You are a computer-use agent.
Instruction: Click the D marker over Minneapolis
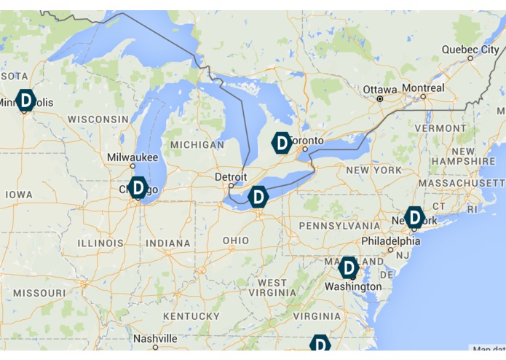click(x=25, y=100)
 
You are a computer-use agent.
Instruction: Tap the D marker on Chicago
click(x=138, y=188)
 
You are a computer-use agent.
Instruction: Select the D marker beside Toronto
click(x=282, y=143)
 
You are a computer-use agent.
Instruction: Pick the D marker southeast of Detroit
click(x=258, y=197)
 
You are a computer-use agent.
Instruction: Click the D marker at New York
click(x=414, y=216)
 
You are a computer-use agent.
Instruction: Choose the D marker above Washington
click(x=349, y=268)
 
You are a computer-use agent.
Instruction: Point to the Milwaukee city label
click(x=133, y=157)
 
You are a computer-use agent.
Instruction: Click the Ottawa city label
click(x=381, y=90)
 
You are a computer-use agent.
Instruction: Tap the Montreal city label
click(x=423, y=87)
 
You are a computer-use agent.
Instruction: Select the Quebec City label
click(x=470, y=50)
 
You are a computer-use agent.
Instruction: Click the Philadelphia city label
click(x=391, y=241)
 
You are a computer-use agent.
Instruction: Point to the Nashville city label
click(x=155, y=339)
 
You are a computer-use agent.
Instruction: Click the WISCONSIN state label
click(x=98, y=119)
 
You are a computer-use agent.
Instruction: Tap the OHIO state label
click(x=235, y=240)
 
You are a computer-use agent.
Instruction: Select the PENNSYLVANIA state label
click(x=340, y=226)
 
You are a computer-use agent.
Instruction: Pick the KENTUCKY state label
click(x=191, y=316)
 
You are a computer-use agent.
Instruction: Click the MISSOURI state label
click(x=39, y=292)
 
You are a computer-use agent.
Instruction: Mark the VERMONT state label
click(x=440, y=128)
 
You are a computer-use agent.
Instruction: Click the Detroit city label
click(x=231, y=177)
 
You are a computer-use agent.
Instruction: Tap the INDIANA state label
click(x=168, y=243)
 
